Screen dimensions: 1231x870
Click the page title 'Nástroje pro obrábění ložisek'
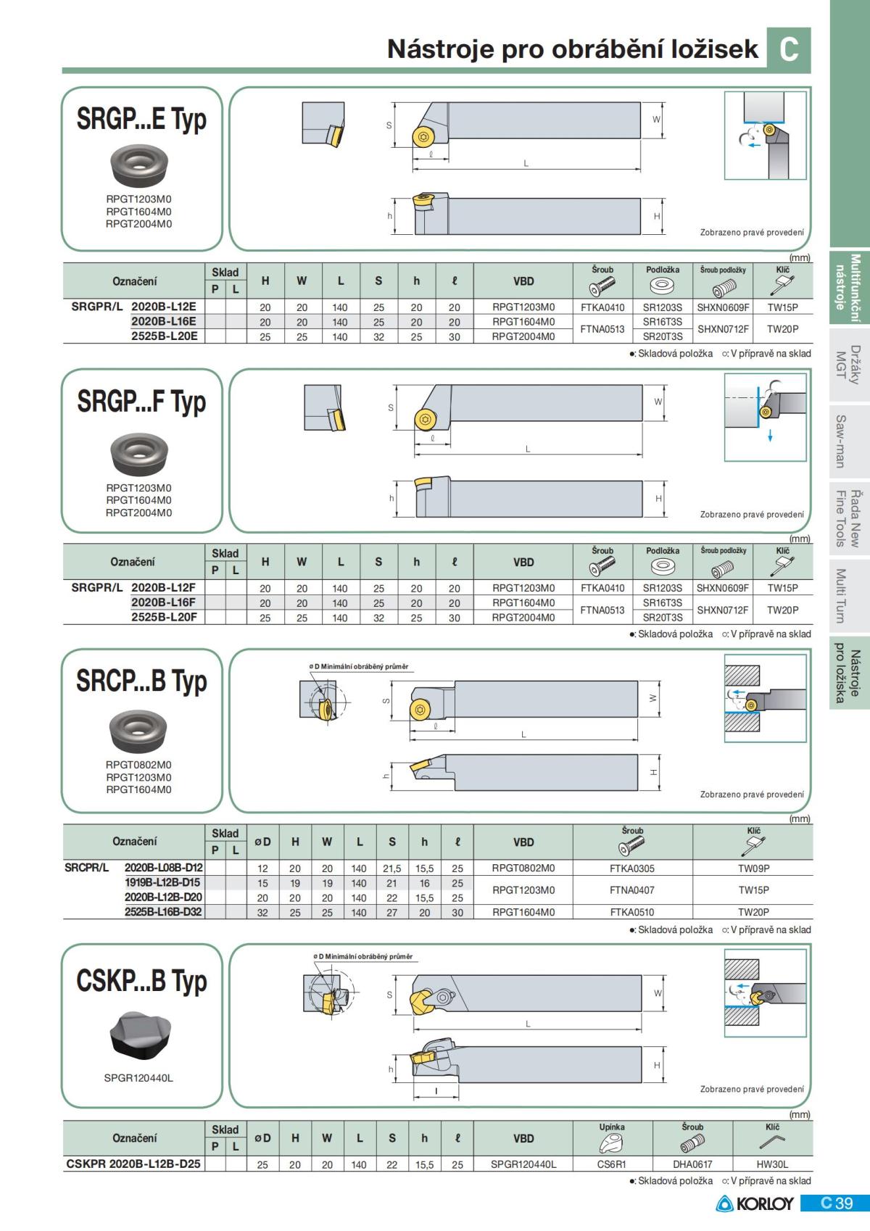point(572,49)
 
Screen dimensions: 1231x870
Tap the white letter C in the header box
point(789,49)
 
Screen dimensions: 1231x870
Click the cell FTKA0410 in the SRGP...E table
point(602,307)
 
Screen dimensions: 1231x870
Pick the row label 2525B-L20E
point(164,336)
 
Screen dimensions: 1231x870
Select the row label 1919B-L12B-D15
point(162,883)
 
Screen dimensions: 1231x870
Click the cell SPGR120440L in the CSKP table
point(523,1164)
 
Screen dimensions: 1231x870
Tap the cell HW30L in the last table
point(772,1164)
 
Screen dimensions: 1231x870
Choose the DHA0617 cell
point(692,1164)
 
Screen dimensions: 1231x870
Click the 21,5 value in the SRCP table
point(391,869)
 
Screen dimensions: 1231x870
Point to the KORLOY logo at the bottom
point(755,1204)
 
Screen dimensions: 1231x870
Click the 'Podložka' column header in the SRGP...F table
point(662,551)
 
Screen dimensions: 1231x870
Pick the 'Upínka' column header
point(612,1127)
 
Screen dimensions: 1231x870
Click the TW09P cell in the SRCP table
point(753,869)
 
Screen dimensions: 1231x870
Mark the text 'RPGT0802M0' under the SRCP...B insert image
point(138,765)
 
